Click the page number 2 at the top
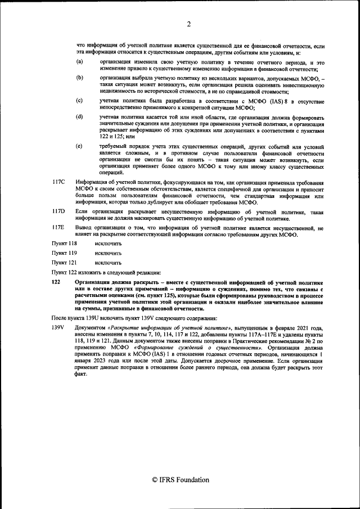coord(189,24)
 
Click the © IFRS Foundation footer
coord(180,480)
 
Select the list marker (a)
coord(79,61)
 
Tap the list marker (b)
coord(79,77)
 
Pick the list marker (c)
coord(79,100)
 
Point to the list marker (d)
coord(79,116)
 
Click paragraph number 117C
coord(58,183)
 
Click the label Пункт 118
coord(64,243)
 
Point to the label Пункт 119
coord(64,253)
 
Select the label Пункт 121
coord(64,262)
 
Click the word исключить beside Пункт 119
coord(108,253)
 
